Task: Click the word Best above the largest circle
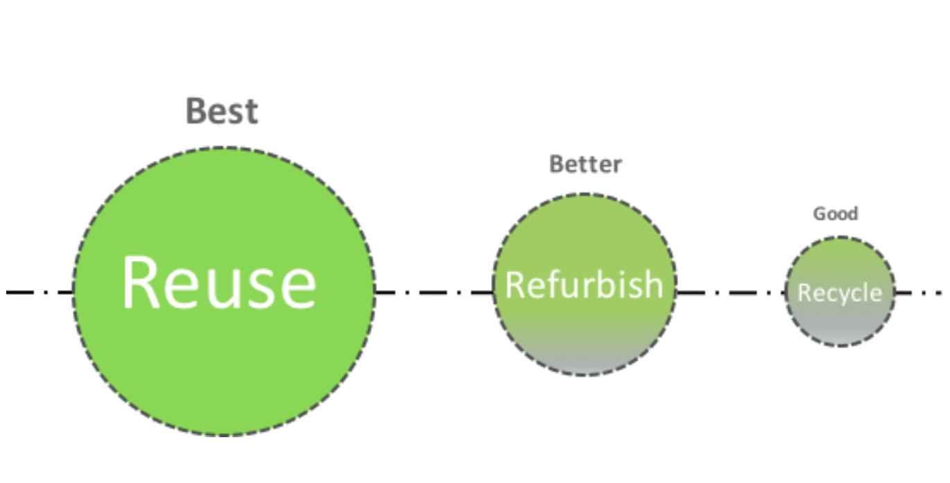coord(222,111)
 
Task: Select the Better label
coord(585,164)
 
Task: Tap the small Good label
coord(835,214)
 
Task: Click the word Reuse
coord(219,282)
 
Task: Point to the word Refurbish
coord(584,285)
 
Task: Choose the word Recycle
coord(840,293)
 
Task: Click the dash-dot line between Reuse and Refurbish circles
coord(434,292)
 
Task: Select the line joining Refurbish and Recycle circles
coord(731,292)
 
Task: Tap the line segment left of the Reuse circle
coord(40,292)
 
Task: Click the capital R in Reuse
coord(140,282)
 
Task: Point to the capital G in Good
coord(820,214)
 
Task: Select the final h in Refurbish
coord(655,284)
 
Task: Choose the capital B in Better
coord(556,164)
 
